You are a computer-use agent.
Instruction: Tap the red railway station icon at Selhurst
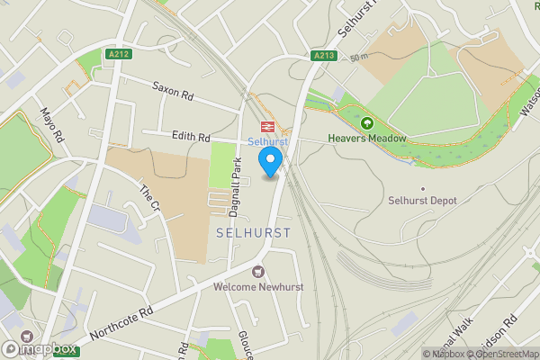pyautogui.click(x=267, y=127)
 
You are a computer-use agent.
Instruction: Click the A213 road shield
pyautogui.click(x=324, y=56)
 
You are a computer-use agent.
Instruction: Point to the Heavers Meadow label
pyautogui.click(x=367, y=139)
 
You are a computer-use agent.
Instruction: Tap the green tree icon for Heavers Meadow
pyautogui.click(x=367, y=123)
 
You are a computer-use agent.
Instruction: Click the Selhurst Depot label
pyautogui.click(x=423, y=200)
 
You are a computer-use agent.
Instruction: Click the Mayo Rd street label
pyautogui.click(x=52, y=127)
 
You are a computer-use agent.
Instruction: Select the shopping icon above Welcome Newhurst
pyautogui.click(x=258, y=271)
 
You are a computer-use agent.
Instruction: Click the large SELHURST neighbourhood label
pyautogui.click(x=253, y=232)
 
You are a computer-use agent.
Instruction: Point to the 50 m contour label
pyautogui.click(x=361, y=58)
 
